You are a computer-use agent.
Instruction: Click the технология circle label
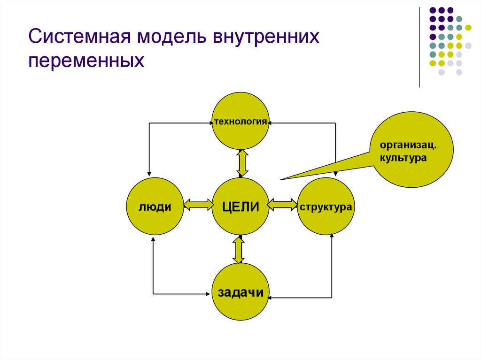coord(241,122)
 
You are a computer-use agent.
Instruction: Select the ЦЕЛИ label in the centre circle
coord(241,206)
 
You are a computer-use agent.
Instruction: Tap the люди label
coord(154,207)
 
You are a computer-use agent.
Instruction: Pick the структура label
coord(326,207)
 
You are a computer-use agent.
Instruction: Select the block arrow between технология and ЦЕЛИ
coord(242,163)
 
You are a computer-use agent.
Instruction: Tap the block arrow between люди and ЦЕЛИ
coord(198,205)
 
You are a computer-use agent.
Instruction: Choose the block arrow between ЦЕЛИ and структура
coord(282,205)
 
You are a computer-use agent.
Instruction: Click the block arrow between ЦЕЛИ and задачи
coord(239,250)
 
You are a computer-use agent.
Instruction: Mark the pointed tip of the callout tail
coord(281,179)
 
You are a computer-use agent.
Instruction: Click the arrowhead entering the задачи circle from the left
coord(208,294)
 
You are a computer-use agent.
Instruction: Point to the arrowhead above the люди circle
coord(149,174)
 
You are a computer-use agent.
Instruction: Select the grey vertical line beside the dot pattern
coord(419,47)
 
